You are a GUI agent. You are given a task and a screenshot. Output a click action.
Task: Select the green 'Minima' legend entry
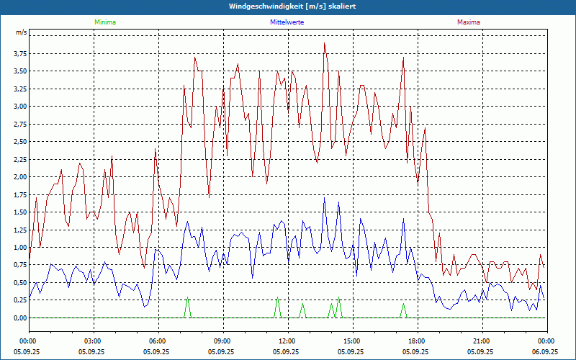coord(104,22)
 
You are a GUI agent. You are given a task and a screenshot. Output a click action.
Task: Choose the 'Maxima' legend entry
coord(468,22)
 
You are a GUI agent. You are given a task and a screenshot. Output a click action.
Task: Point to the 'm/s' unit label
coord(21,33)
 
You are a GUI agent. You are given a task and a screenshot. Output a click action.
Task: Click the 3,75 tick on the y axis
coord(19,53)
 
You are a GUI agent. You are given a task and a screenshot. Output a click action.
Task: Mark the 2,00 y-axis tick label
coord(19,176)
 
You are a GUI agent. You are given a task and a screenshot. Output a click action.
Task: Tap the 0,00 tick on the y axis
coord(19,318)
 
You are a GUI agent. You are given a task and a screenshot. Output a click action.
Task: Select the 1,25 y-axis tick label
coord(19,230)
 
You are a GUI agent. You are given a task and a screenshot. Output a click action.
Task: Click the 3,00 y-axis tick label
coord(19,106)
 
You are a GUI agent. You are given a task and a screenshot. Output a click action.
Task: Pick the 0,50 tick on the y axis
coord(19,282)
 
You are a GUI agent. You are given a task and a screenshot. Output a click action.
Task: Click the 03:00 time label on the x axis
coord(93,341)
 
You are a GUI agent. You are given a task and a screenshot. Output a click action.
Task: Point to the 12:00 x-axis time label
coord(287,341)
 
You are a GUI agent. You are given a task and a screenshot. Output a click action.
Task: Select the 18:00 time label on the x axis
coord(416,341)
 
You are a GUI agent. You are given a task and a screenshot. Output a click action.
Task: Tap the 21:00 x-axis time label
coord(481,341)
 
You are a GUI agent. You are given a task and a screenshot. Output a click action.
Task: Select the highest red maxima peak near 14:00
coord(325,43)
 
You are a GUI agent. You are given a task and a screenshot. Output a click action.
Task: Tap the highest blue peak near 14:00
coord(325,197)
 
